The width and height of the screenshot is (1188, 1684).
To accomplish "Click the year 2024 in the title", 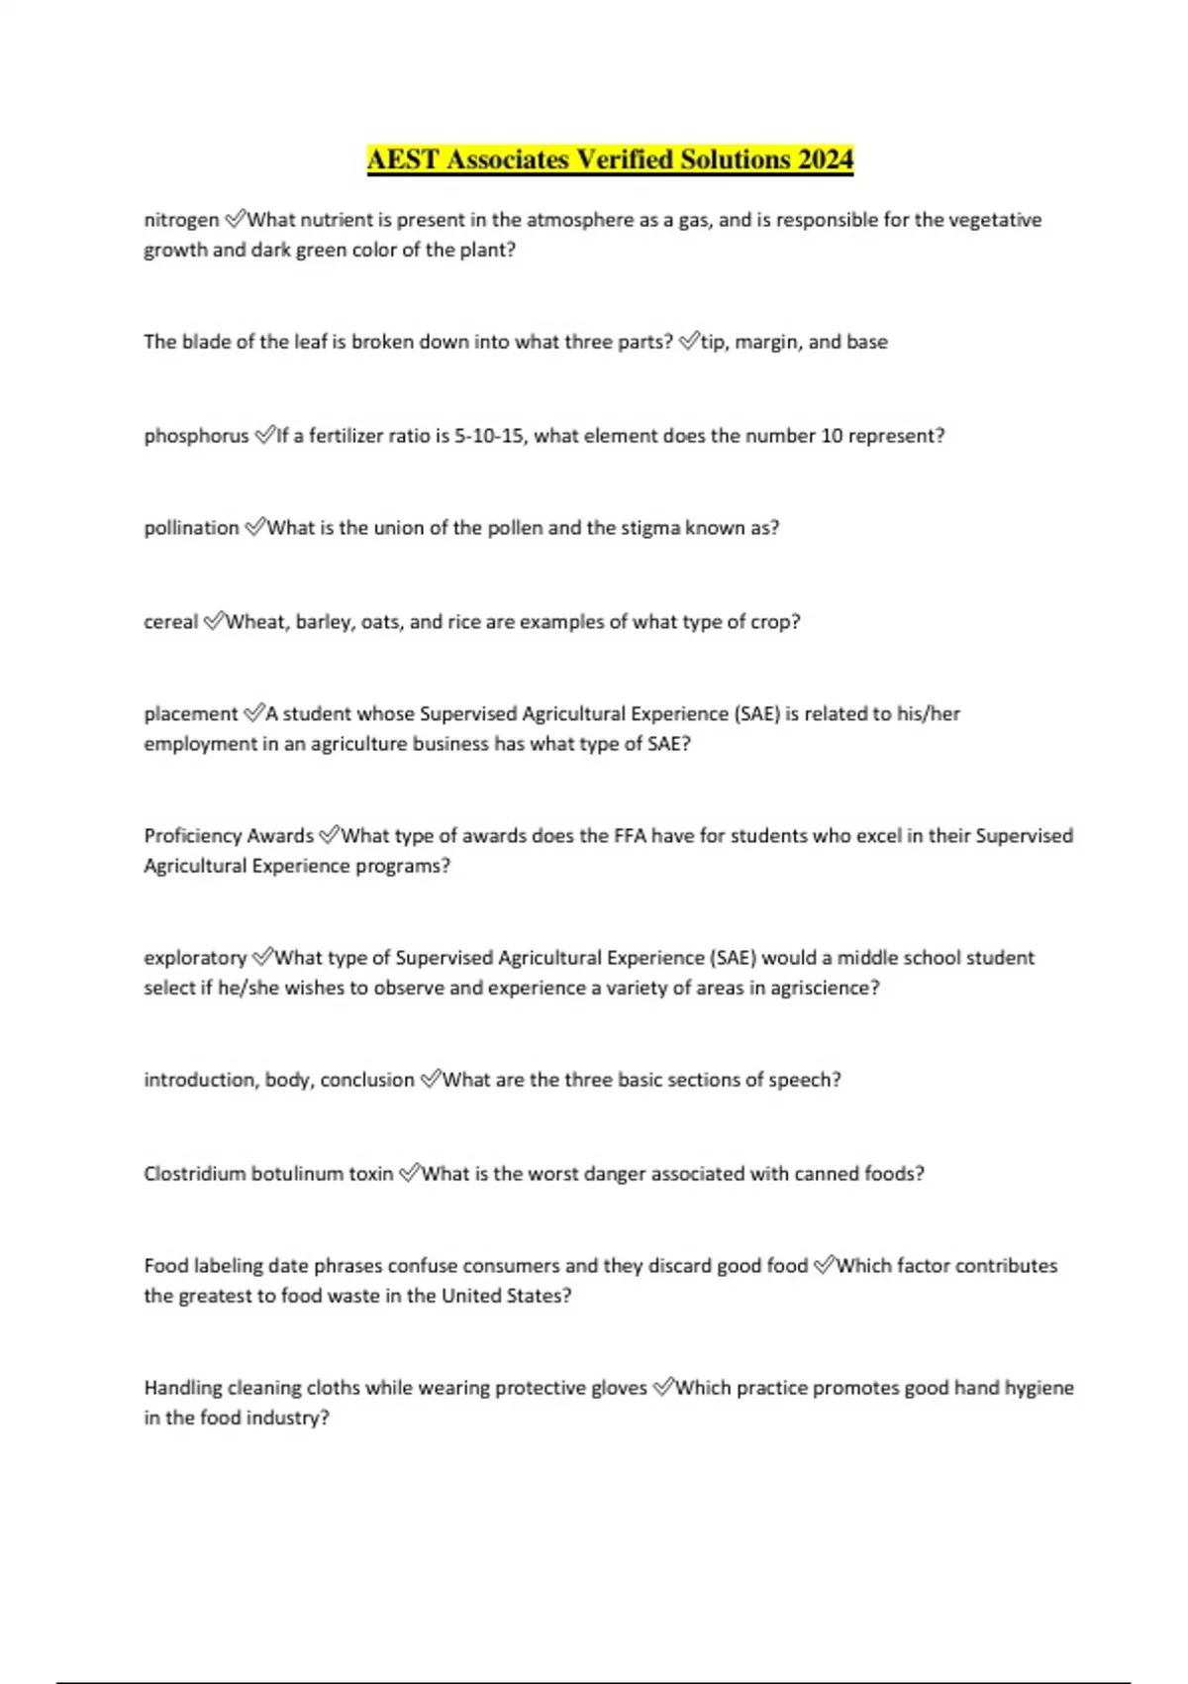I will coord(821,159).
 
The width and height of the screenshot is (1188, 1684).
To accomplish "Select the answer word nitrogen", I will coord(181,220).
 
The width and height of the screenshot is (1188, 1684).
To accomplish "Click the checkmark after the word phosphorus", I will coord(264,435).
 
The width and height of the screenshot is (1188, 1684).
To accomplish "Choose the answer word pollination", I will coord(191,528).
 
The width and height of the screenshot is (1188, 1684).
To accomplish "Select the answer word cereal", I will coord(170,622).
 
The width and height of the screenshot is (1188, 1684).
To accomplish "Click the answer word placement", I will coord(190,714).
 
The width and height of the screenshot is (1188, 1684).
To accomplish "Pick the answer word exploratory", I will coord(195,958).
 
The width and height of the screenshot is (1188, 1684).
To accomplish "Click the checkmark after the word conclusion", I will coord(430,1079).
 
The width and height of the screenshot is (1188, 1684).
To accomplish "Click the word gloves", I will coord(618,1388).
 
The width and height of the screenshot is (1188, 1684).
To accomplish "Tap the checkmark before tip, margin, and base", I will coord(689,342).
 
